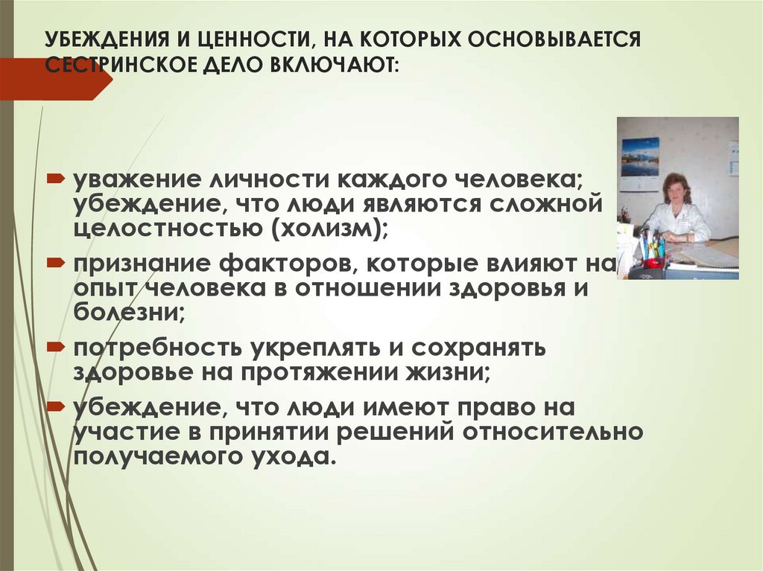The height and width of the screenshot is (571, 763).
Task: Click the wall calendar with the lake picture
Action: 640,157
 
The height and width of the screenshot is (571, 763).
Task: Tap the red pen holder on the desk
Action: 653,261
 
